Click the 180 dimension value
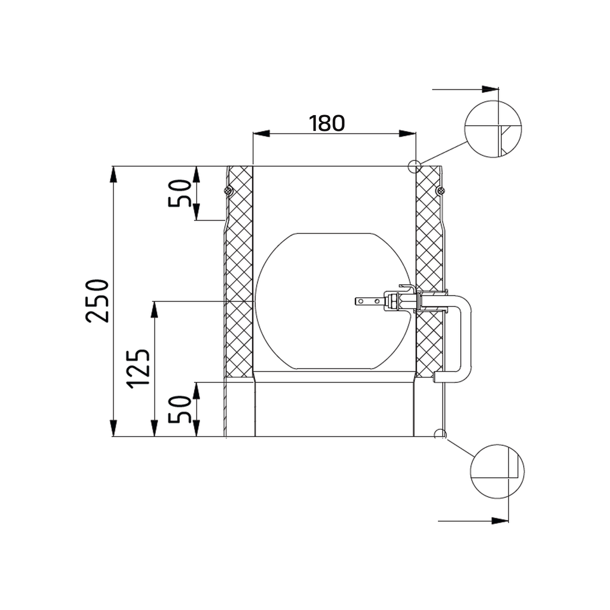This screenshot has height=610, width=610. point(327,123)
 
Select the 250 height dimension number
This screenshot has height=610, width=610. point(98,301)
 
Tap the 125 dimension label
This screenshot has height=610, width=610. point(139,368)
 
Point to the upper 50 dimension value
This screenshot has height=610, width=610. point(180,193)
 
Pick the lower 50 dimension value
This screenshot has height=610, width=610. point(180,410)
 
